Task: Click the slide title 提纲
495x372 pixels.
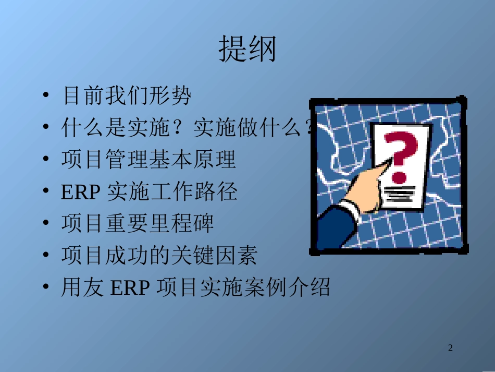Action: pos(247,49)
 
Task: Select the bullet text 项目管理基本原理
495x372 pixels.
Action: pos(148,160)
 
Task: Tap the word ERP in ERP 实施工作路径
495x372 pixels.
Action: pos(80,192)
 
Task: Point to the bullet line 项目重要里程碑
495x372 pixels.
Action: pos(138,224)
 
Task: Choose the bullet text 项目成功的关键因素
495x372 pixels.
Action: pos(159,256)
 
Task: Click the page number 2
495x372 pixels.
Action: pos(451,348)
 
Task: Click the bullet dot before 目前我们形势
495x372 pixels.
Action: pos(46,96)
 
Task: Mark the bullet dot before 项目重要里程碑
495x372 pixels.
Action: pos(46,224)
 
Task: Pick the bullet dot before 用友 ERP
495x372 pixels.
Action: pos(46,288)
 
